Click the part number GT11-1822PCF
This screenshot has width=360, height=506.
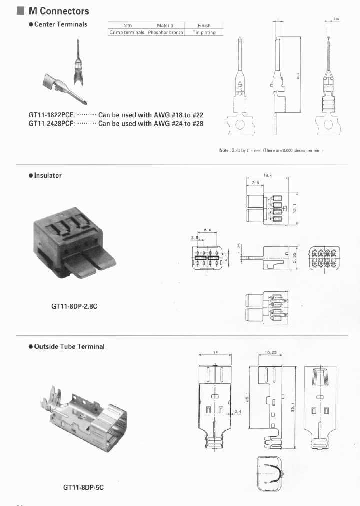pyautogui.click(x=51, y=115)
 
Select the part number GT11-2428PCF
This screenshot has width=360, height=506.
pyautogui.click(x=51, y=123)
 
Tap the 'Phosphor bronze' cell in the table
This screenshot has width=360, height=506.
pyautogui.click(x=165, y=32)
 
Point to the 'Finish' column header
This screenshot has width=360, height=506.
pyautogui.click(x=204, y=25)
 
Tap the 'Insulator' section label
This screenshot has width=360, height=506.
pyautogui.click(x=48, y=175)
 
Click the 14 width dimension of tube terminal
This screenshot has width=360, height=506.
pyautogui.click(x=215, y=352)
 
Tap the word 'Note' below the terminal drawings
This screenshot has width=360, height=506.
pyautogui.click(x=224, y=150)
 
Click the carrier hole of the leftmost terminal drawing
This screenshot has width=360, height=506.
pyautogui.click(x=239, y=125)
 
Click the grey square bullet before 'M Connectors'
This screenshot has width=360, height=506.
pyautogui.click(x=20, y=11)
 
